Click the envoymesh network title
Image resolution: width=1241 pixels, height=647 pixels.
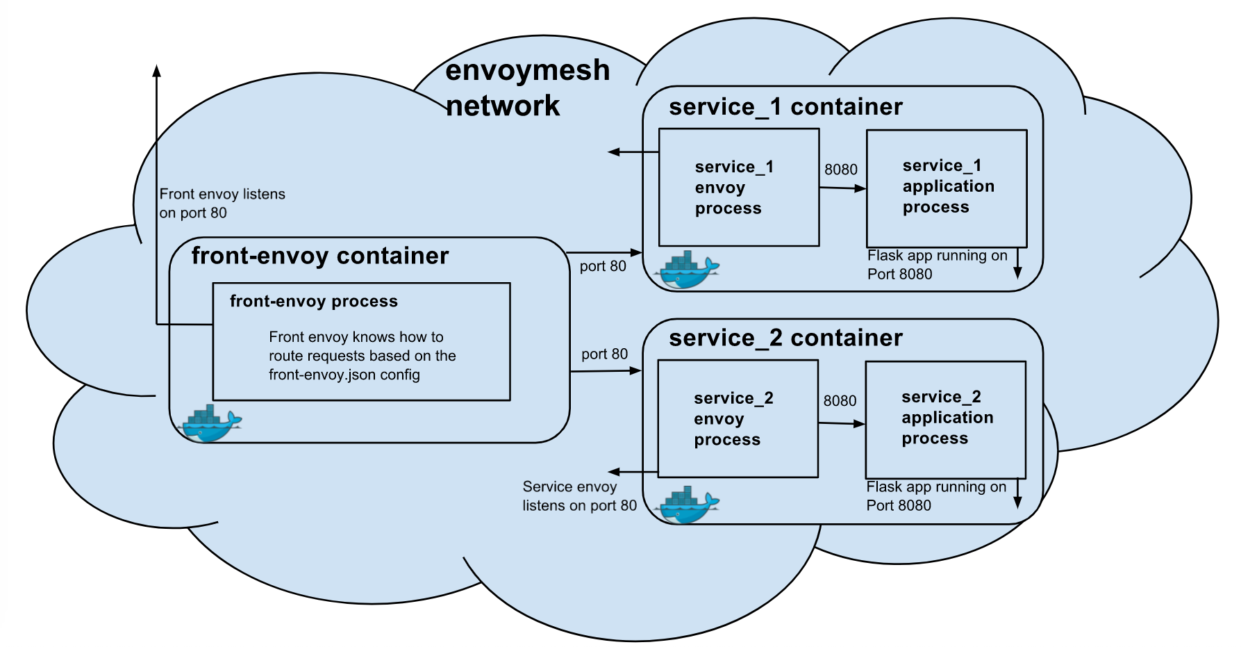(527, 88)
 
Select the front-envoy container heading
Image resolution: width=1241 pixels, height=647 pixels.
(320, 256)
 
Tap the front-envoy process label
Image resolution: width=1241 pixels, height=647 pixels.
(314, 301)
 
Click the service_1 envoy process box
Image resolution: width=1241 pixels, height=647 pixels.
(739, 188)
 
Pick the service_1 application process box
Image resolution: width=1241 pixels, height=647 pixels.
(947, 188)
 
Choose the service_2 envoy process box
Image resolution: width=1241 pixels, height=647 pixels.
(738, 419)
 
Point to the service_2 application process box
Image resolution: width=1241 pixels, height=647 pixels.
(945, 419)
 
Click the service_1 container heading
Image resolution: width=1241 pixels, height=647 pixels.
(785, 107)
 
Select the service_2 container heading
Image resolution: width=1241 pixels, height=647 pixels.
(785, 338)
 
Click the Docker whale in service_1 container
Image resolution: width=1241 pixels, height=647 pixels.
(687, 270)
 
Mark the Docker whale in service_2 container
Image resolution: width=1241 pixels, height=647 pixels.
(687, 505)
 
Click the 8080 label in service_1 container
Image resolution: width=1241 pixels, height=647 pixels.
(841, 170)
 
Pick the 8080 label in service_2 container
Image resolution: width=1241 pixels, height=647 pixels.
(840, 401)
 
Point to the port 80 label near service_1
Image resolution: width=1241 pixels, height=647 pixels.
(603, 266)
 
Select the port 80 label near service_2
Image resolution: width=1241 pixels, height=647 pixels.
(604, 354)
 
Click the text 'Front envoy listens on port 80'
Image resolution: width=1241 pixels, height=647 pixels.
(222, 204)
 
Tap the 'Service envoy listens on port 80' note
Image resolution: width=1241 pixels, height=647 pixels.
(579, 496)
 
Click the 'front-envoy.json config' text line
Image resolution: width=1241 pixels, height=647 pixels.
(344, 375)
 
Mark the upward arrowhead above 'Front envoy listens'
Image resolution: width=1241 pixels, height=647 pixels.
(157, 70)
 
